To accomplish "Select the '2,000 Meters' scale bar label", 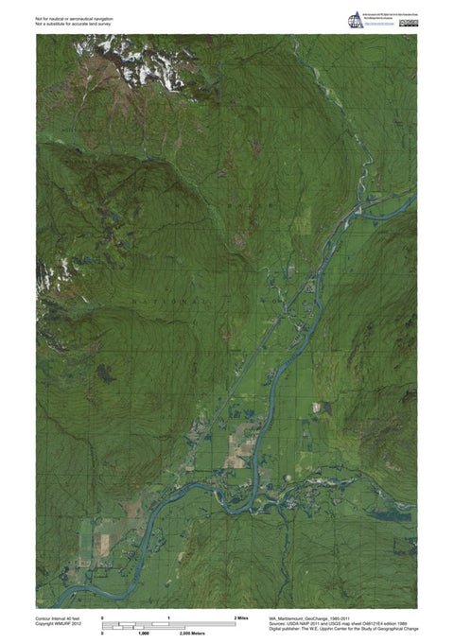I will tap(245, 634).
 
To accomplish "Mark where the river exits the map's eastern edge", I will tap(413, 197).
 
